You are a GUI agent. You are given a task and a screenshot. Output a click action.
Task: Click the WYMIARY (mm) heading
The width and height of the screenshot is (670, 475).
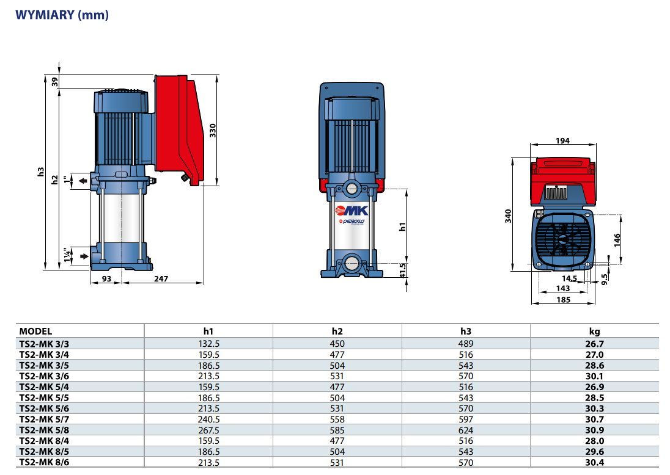62,15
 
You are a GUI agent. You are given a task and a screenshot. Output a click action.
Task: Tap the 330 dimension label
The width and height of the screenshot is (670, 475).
212,131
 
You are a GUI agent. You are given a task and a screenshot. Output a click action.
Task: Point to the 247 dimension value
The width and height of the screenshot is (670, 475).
161,278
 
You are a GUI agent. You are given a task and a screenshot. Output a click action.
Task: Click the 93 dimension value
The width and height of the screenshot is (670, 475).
106,278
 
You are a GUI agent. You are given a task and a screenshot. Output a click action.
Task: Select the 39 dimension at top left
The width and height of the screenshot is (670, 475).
54,82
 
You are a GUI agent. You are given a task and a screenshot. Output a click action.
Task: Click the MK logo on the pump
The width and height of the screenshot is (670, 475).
352,211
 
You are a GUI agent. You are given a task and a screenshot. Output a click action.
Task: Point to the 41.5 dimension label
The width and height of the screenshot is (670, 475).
402,270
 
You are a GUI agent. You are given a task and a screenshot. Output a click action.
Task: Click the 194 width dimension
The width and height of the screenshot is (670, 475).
563,141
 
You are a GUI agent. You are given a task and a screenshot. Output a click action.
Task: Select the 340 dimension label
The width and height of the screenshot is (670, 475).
508,216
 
